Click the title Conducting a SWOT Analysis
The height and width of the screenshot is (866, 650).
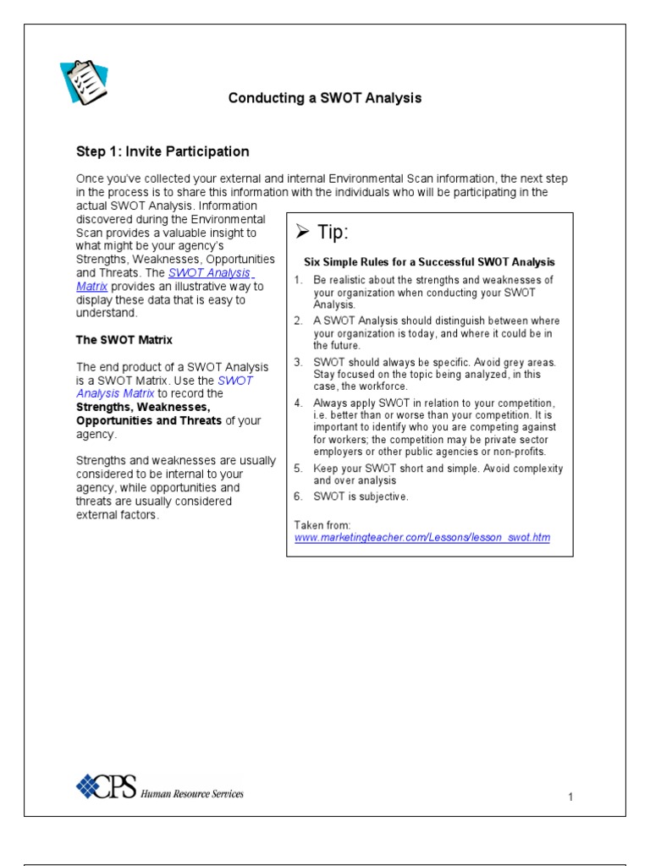(325, 98)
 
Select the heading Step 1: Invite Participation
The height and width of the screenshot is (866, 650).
(162, 152)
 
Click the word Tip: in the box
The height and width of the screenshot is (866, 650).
(333, 233)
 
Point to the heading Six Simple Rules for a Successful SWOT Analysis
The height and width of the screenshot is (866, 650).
(429, 261)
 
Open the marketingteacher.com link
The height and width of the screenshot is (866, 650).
(421, 538)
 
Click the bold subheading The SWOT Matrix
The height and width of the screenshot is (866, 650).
(124, 340)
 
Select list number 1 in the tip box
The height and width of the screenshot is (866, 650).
(298, 280)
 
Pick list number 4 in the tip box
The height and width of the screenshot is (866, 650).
(298, 403)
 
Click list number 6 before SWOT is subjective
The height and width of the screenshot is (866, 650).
(298, 496)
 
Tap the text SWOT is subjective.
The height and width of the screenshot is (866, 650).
(361, 496)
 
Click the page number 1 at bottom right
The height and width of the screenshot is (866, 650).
(571, 797)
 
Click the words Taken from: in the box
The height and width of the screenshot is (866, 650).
(317, 525)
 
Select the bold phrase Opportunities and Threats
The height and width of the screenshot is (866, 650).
(149, 420)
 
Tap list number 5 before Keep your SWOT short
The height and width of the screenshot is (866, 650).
(298, 469)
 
